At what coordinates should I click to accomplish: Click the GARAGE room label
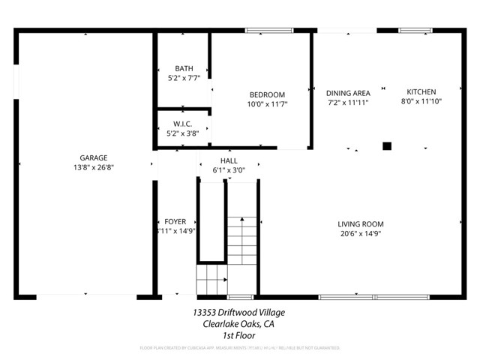(94, 157)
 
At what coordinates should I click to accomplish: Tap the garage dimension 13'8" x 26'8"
(94, 167)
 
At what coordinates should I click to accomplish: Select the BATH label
(184, 67)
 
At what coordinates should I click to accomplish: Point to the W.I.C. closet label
(183, 124)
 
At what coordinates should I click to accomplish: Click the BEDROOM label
(267, 94)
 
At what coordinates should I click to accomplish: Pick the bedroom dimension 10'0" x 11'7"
(267, 104)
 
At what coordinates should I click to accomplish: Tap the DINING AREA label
(347, 92)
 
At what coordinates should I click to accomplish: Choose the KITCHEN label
(421, 92)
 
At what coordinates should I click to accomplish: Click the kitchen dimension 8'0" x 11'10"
(421, 102)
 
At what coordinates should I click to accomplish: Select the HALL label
(229, 161)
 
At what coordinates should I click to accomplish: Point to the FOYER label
(175, 222)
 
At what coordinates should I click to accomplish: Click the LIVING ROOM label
(361, 223)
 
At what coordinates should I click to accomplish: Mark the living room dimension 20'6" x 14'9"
(361, 234)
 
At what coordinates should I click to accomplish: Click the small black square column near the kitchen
(387, 146)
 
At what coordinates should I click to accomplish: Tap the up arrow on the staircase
(241, 220)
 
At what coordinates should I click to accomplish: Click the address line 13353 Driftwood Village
(238, 312)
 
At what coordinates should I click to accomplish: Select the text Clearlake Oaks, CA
(238, 324)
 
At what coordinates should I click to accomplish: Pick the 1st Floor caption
(238, 335)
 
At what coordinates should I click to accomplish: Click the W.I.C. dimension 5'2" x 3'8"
(183, 133)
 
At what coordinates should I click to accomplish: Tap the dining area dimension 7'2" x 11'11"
(347, 102)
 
